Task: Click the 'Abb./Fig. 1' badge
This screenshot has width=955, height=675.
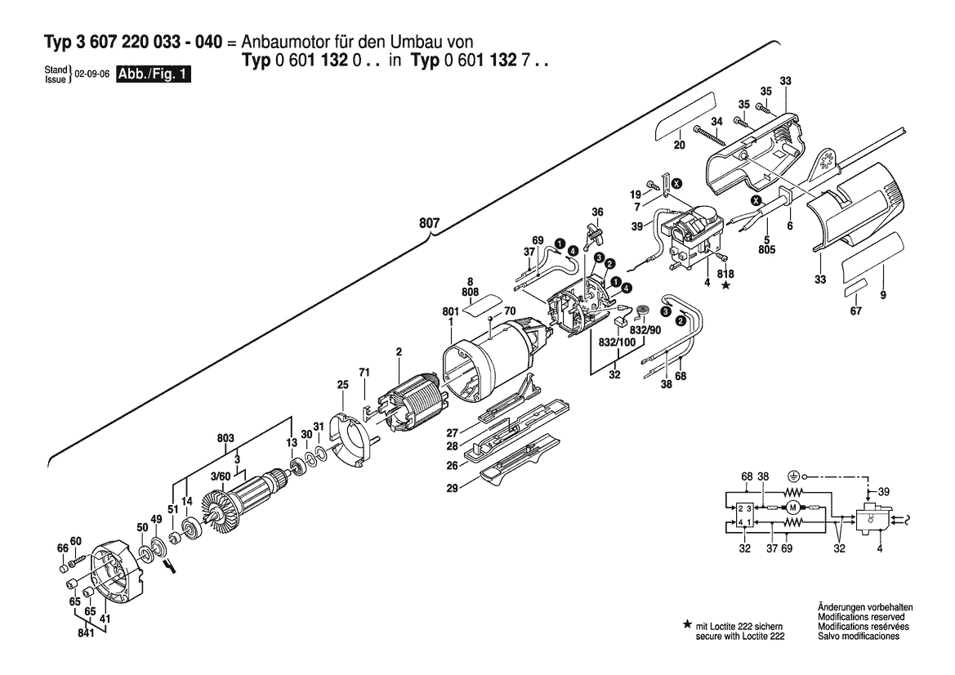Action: click(155, 74)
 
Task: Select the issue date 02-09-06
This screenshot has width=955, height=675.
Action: click(93, 74)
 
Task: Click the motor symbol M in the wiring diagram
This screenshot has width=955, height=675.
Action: click(791, 508)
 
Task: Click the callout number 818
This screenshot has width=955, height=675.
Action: click(725, 274)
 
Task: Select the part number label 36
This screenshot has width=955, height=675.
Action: click(597, 212)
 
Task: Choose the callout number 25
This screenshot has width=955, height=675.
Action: click(343, 383)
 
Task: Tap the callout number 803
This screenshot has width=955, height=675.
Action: click(227, 438)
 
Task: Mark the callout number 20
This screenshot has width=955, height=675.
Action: click(678, 145)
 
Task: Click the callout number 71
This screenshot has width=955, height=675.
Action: click(364, 373)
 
